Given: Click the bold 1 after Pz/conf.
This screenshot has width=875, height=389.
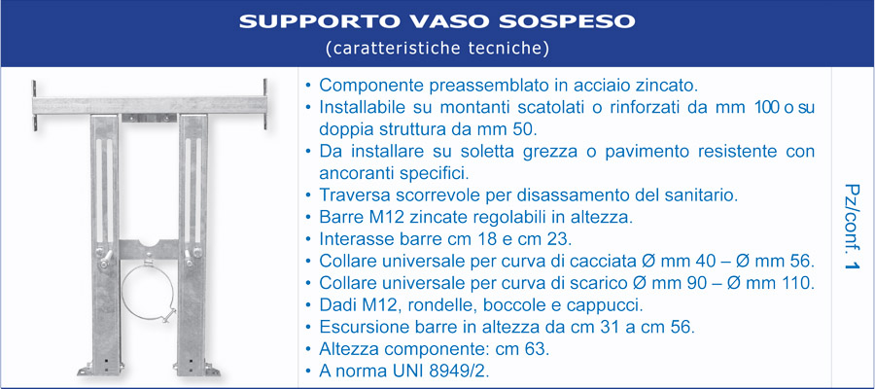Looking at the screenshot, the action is pyautogui.click(x=851, y=263).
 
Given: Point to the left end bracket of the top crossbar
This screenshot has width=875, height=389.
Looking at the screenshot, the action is pyautogui.click(x=35, y=106).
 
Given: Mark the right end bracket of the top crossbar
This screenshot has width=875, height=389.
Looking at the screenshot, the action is pyautogui.click(x=265, y=104).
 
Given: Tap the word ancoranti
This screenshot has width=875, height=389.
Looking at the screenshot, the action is pyautogui.click(x=357, y=173).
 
